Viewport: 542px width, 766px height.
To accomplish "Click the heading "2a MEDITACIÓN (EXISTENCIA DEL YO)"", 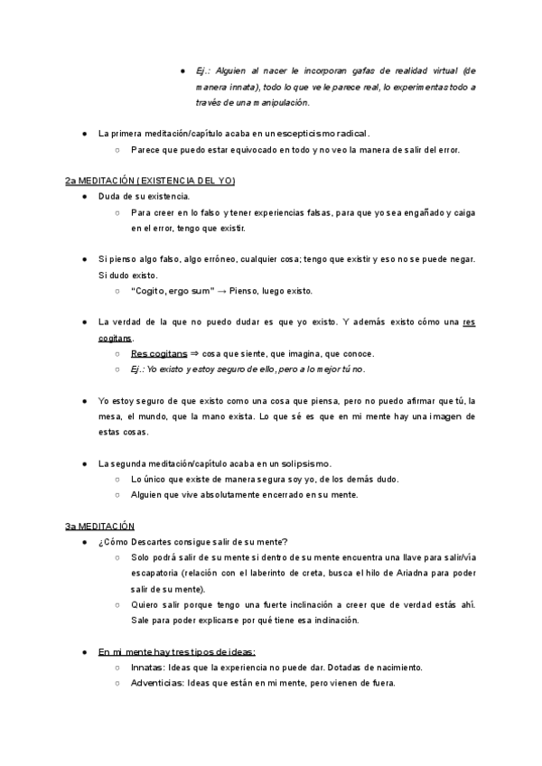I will tap(150, 181).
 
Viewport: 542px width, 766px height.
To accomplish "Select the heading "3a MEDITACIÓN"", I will tap(99, 526).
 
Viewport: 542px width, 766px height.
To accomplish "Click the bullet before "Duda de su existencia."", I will tap(84, 197).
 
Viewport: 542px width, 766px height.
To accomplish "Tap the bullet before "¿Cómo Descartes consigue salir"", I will tap(84, 541).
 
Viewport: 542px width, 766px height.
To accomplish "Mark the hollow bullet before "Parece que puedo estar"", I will tap(117, 150).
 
